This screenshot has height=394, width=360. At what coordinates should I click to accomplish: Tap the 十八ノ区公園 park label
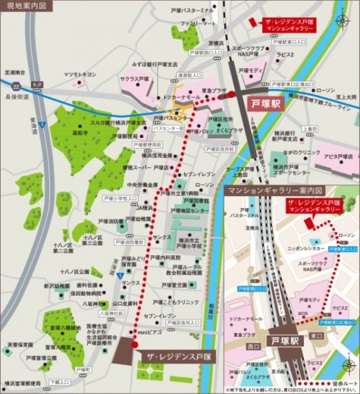pyautogui.click(x=74, y=271)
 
